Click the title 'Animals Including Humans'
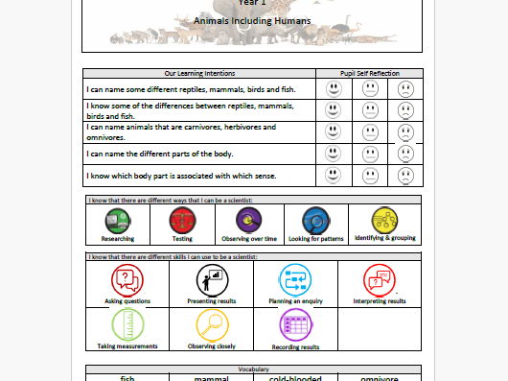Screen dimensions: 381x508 coord(251,20)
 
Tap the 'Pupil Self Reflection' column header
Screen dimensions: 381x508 coord(368,73)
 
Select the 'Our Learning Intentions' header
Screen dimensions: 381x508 coord(198,73)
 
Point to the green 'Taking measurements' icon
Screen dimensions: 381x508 coord(127,325)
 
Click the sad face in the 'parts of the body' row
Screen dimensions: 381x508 coord(405,154)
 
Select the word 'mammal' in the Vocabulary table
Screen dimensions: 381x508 coord(211,377)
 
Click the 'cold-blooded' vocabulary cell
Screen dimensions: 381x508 coord(294,377)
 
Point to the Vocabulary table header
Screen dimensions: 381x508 coord(253,369)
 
